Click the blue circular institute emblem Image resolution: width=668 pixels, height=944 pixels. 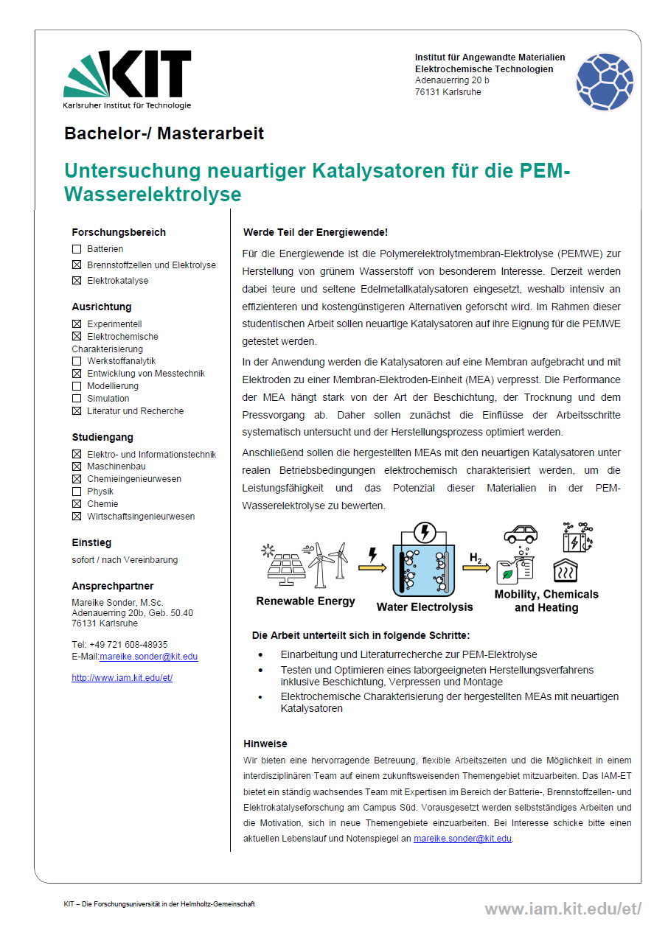[605, 82]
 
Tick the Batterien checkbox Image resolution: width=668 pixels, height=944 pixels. [77, 250]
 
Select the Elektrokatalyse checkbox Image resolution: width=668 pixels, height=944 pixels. [77, 281]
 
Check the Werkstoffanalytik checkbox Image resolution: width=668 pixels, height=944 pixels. [77, 361]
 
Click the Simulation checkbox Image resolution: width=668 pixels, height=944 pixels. [77, 399]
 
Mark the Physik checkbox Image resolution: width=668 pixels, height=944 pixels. [77, 492]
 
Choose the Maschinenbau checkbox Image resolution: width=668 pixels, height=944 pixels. [77, 466]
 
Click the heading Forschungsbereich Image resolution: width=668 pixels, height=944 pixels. [119, 232]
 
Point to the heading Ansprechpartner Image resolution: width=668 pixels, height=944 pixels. [113, 587]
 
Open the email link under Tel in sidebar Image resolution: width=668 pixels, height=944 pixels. [148, 657]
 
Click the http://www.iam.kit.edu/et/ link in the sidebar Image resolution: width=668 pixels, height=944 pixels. [122, 678]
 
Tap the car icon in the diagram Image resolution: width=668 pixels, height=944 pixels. [520, 534]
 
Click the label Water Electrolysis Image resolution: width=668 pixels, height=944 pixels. [425, 607]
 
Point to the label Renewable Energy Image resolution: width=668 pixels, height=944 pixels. [305, 601]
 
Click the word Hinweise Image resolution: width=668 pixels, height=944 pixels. [265, 744]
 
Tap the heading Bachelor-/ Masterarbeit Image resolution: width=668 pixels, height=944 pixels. [164, 133]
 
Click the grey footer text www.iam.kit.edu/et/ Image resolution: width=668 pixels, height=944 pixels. [563, 909]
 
